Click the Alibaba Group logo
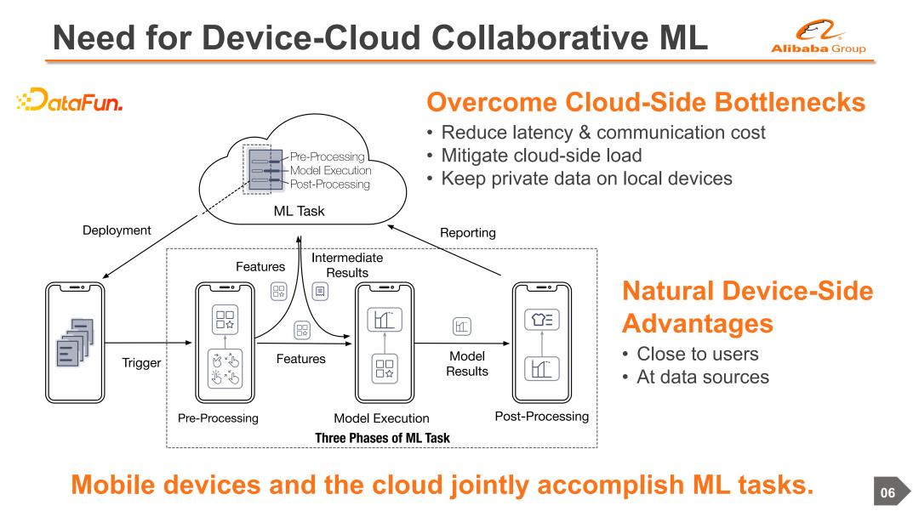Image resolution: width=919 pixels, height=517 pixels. point(818,39)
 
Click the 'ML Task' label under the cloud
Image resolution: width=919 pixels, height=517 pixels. point(299,211)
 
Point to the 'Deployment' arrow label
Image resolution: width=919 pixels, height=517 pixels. point(117,230)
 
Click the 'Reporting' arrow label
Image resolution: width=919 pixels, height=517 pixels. point(467,232)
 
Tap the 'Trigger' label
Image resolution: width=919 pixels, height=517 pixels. point(141,363)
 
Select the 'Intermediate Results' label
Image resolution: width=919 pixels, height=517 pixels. point(347,264)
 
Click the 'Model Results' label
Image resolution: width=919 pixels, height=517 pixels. point(467,363)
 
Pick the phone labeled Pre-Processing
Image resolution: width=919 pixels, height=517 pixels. point(225,342)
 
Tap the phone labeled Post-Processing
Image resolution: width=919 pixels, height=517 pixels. point(541,342)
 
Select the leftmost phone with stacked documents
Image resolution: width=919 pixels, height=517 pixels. point(75,342)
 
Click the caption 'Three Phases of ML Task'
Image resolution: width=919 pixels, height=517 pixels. point(382,438)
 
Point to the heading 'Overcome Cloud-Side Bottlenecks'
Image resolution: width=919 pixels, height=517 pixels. point(645,103)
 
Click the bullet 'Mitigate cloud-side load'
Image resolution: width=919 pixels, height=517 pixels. point(540,156)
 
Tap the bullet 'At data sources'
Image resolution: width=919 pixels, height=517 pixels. point(702,377)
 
